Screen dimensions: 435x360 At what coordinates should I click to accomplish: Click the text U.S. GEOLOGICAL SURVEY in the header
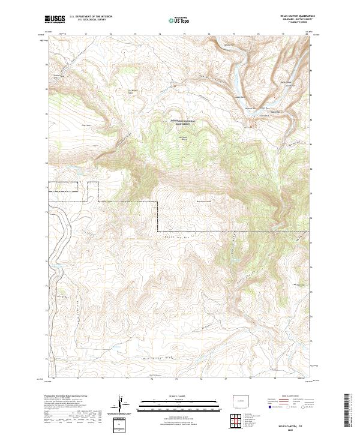point(88,20)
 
